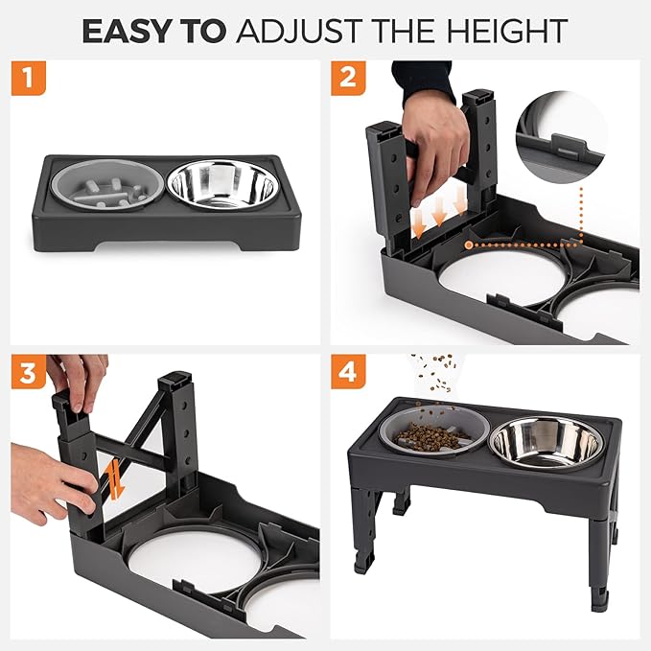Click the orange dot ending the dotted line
click(467, 244)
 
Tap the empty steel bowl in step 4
click(546, 441)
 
